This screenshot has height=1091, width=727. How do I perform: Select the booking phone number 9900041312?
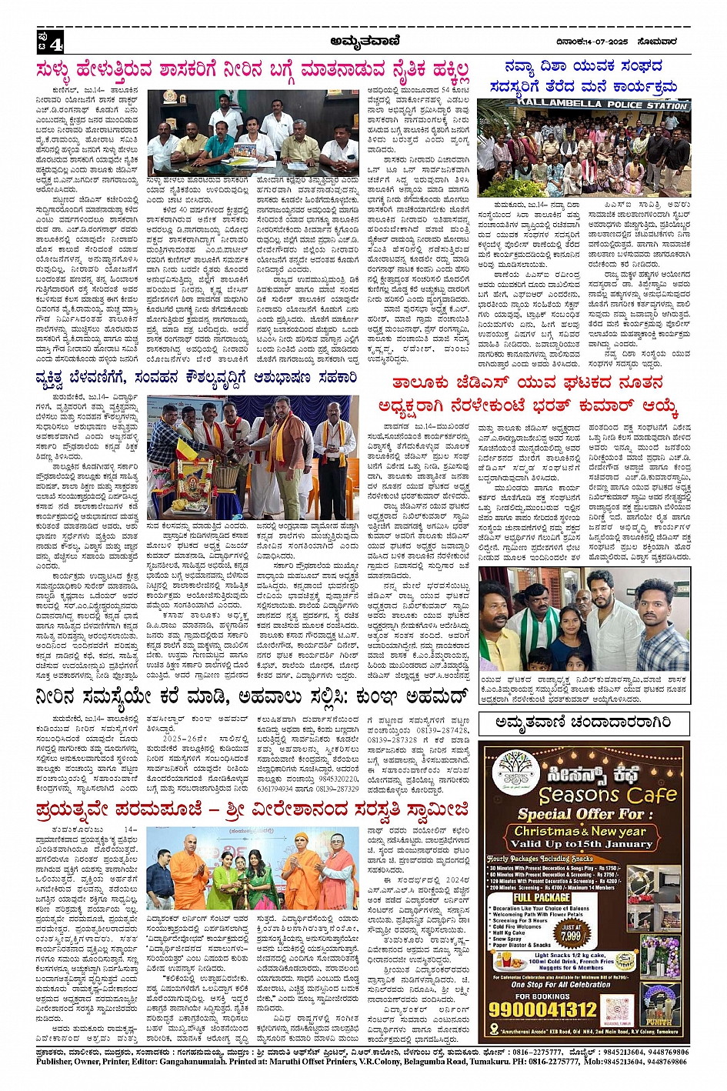point(543,1009)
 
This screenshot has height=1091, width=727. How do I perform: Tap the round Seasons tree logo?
point(517,772)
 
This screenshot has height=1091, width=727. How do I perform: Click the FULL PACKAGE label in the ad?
point(542,897)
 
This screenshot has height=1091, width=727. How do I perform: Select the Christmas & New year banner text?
point(580,831)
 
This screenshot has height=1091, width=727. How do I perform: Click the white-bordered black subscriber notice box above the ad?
point(583,722)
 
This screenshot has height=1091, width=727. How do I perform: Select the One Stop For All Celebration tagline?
point(560,984)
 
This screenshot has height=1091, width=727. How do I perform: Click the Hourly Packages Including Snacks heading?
point(539,859)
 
